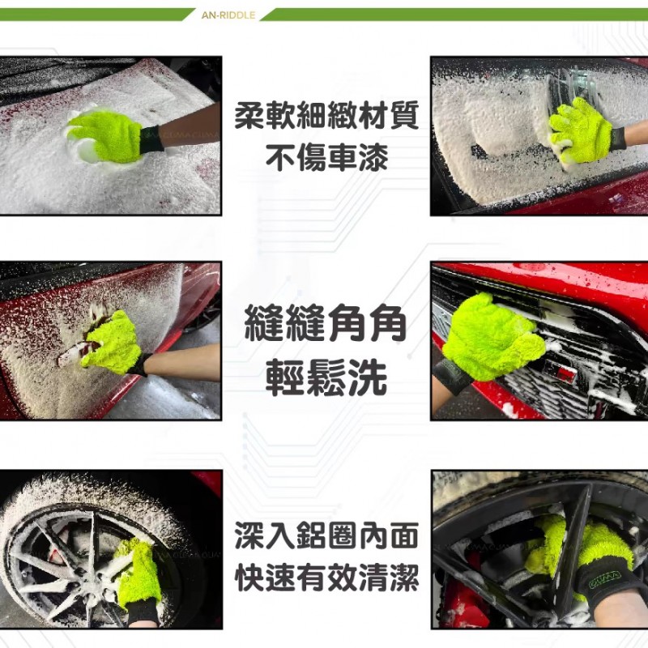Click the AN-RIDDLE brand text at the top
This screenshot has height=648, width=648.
[228, 15]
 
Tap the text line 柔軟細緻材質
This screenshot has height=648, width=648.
[326, 115]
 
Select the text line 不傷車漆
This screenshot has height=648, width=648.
[326, 158]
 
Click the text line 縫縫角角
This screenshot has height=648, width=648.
[326, 322]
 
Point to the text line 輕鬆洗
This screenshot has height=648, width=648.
[326, 377]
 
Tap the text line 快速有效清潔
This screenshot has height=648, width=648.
[326, 578]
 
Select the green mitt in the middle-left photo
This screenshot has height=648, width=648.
[112, 339]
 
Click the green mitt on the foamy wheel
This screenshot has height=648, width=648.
[138, 573]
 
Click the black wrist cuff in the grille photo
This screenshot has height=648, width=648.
[452, 376]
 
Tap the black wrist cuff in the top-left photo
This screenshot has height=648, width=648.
[153, 139]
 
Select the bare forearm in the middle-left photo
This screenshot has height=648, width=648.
[181, 360]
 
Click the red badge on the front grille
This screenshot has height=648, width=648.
[563, 373]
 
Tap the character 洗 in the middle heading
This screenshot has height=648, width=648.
[368, 377]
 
